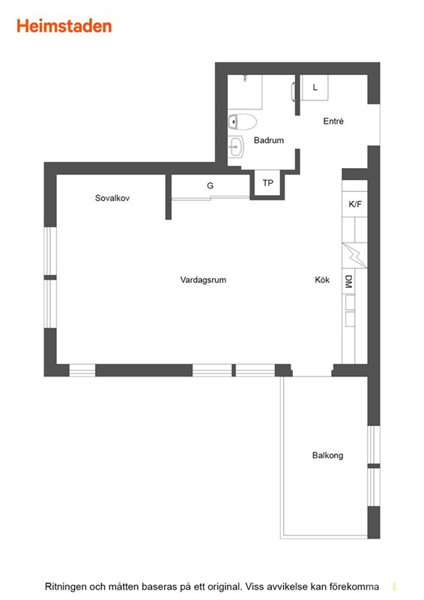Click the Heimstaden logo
pos(64,26)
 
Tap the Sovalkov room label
pos(112,198)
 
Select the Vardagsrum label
pos(203,280)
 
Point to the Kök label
pos(322,280)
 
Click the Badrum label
pos(269,140)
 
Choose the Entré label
pos(333,121)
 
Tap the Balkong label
pos(327,455)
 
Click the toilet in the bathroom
pos(242,122)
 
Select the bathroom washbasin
pos(236,146)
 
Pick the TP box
pos(267,183)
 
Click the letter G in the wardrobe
pos(210,185)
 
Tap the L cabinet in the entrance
pos(315,87)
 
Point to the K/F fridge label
pos(355,204)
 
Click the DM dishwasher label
pos(348,282)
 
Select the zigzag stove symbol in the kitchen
pos(354,255)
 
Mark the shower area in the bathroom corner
pos(245,91)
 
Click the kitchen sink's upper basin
pos(350,301)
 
